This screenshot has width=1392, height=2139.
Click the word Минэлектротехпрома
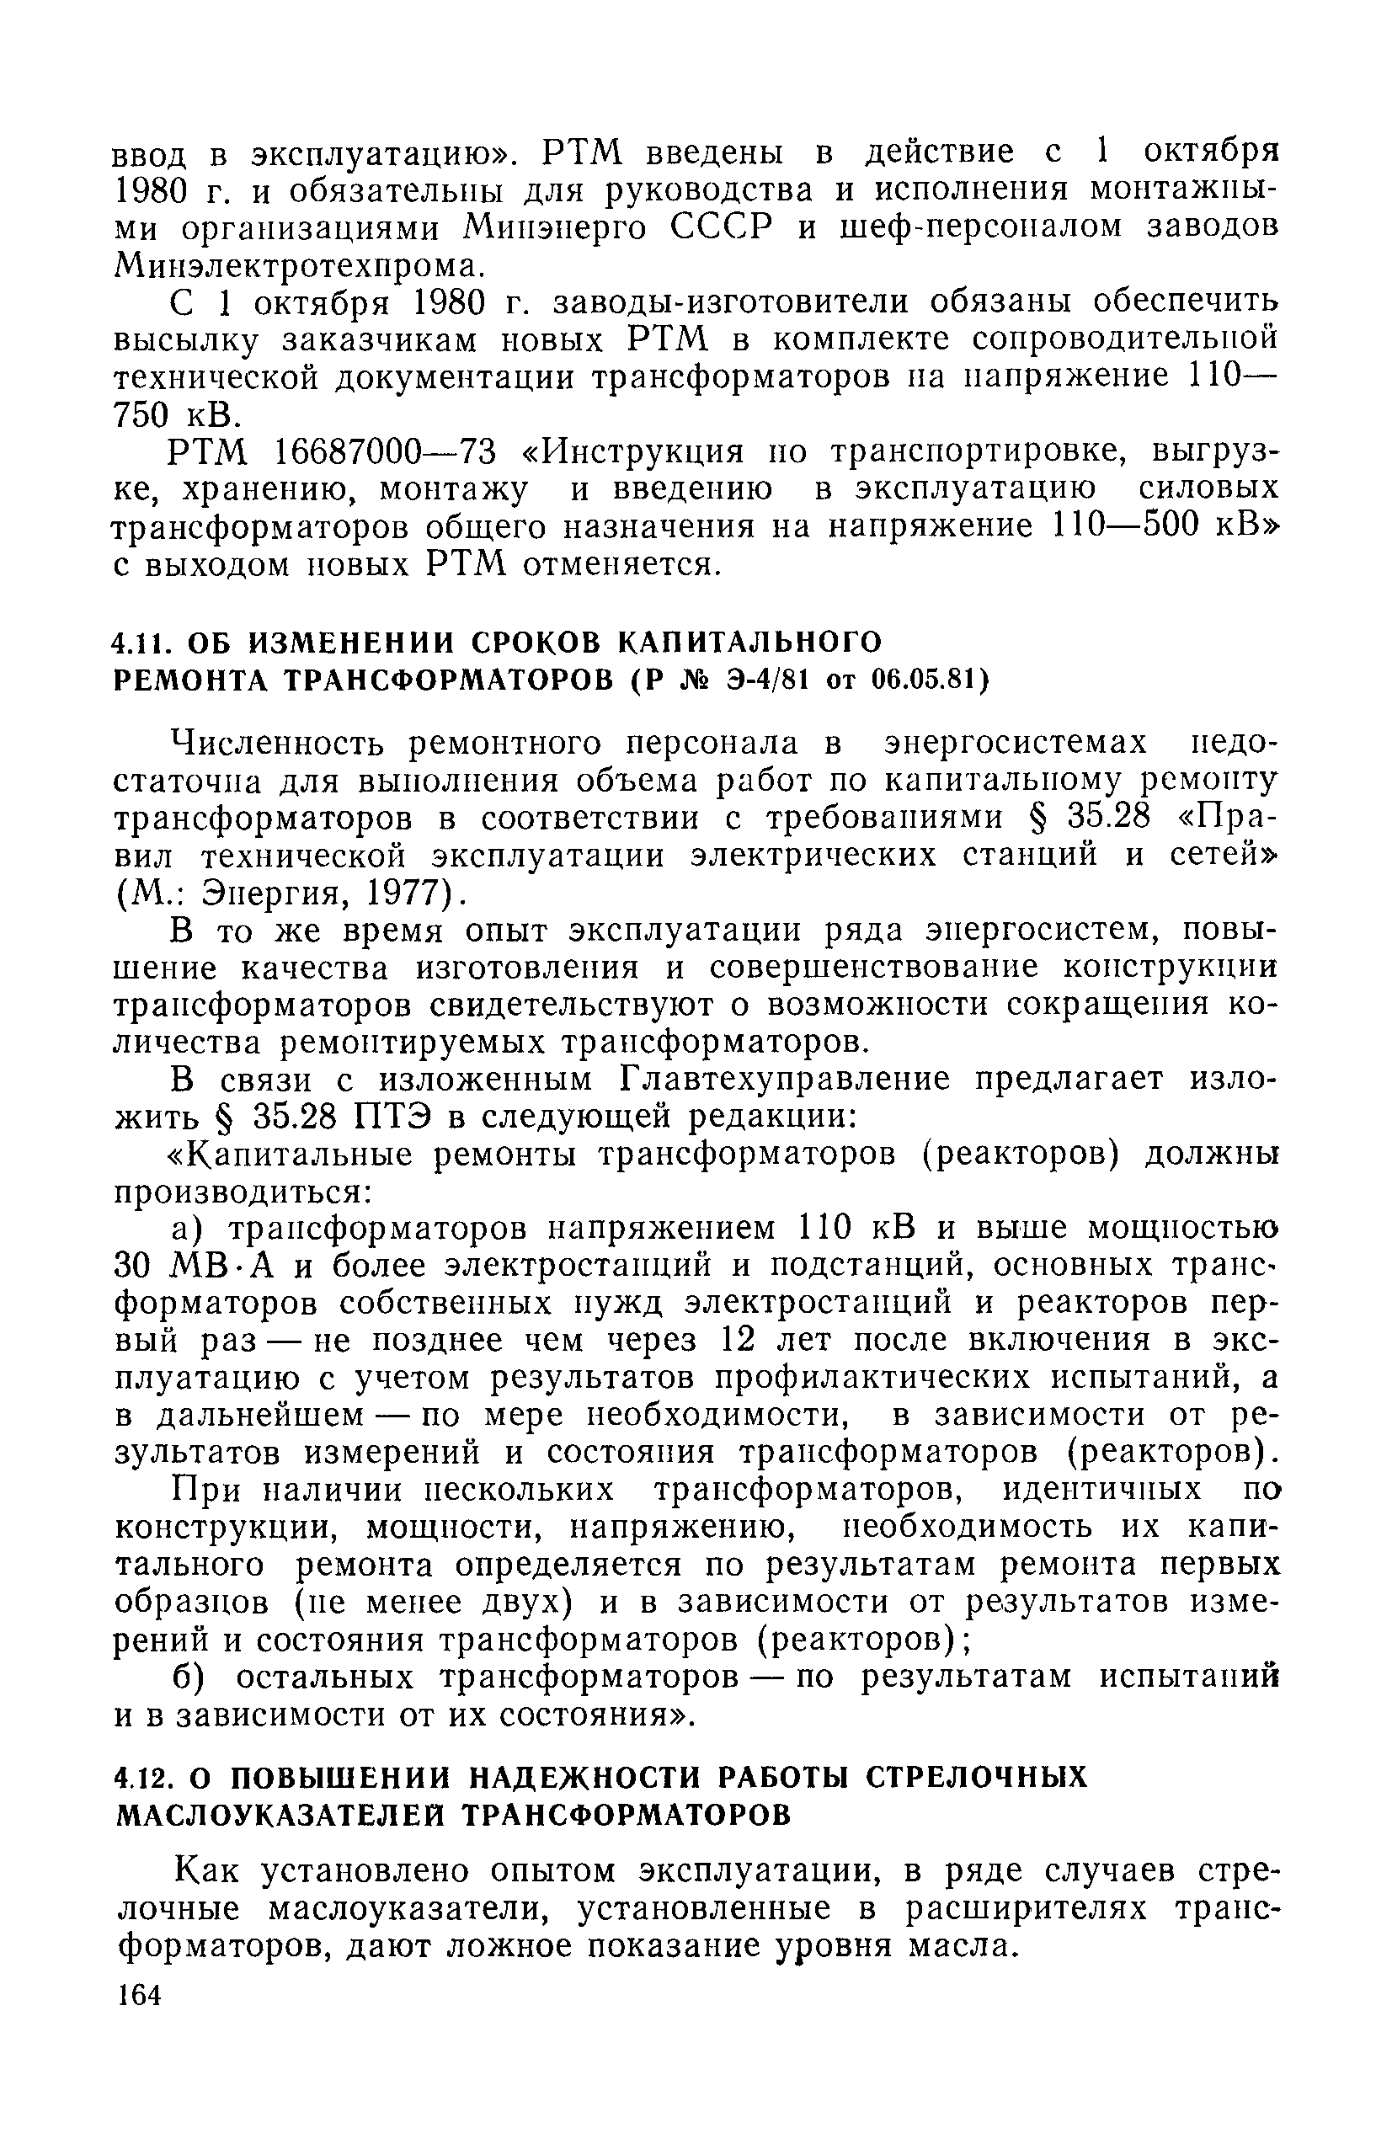tap(297, 267)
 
